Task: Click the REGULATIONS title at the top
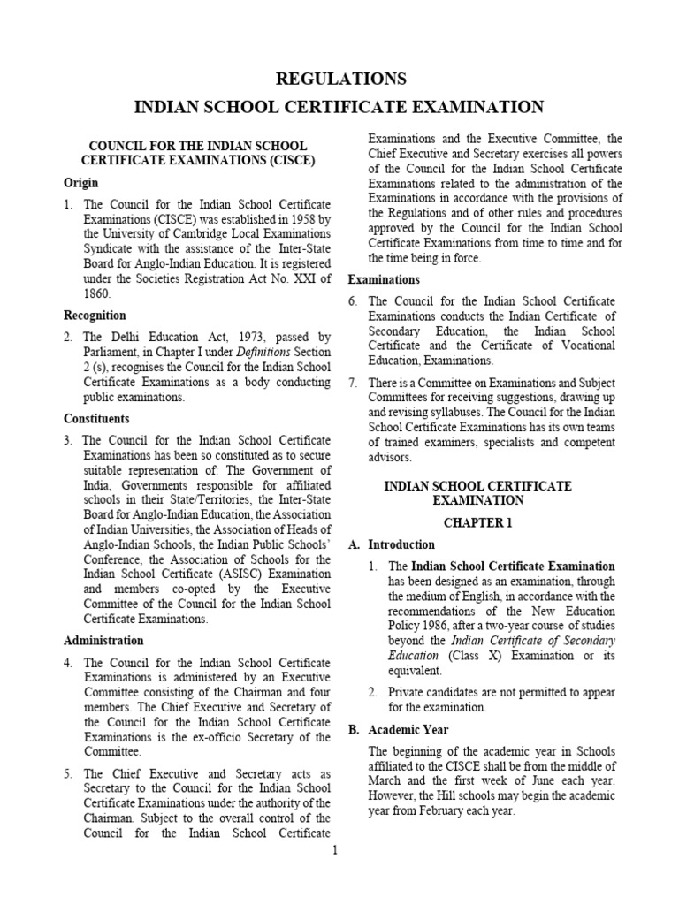click(x=339, y=79)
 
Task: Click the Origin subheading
click(x=80, y=183)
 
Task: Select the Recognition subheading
click(x=95, y=316)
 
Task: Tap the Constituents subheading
click(x=96, y=419)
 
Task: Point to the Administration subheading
click(x=103, y=641)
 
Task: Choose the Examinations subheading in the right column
click(x=384, y=280)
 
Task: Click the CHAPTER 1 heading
click(x=477, y=523)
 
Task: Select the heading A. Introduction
click(x=392, y=545)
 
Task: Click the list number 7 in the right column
click(x=353, y=383)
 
